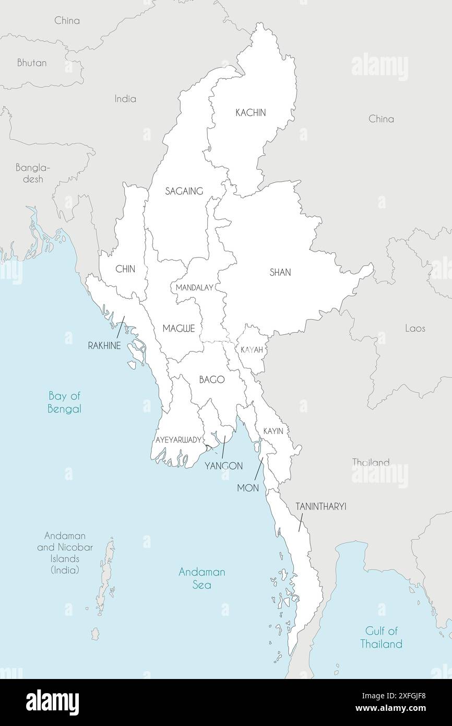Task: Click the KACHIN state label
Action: tap(251, 113)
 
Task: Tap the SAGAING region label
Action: tap(184, 191)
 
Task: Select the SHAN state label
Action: tap(280, 272)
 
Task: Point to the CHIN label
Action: tap(125, 269)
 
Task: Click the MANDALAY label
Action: tap(194, 288)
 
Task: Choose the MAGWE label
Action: tap(179, 329)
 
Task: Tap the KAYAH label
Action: tap(252, 350)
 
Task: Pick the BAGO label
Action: tap(211, 380)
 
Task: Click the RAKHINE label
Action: tap(104, 346)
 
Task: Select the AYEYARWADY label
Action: tap(178, 440)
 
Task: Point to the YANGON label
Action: tap(223, 465)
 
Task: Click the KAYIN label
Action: tap(273, 431)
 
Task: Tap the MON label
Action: tap(248, 487)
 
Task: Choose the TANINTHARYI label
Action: tap(321, 506)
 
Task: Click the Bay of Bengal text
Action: tap(64, 402)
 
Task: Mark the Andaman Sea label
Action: tap(201, 578)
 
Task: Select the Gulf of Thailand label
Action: tap(381, 637)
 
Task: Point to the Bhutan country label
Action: tap(32, 63)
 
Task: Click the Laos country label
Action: tap(415, 329)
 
